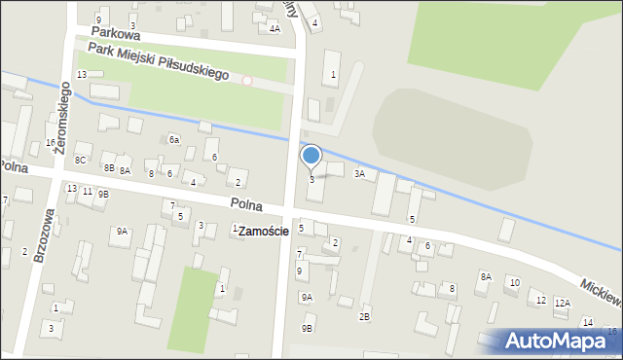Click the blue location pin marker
311,156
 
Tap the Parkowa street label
110,31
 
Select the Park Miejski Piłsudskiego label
158,60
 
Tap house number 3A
359,174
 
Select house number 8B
109,168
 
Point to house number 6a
174,140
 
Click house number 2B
364,316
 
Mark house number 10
514,282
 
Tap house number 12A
562,304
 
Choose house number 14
587,322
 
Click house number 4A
275,29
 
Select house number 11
87,191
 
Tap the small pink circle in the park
247,81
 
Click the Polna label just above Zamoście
247,204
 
